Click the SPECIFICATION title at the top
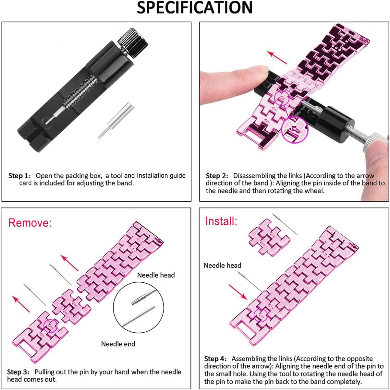195,8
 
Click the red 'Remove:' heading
30,223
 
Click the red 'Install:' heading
221,221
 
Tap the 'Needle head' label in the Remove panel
156,275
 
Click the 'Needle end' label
118,344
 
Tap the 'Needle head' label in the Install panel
223,266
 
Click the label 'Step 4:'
216,359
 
